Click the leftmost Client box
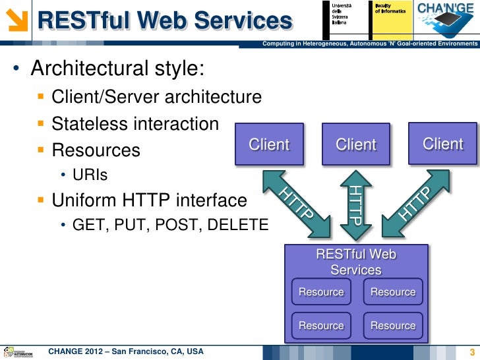tap(268, 144)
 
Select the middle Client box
tap(356, 144)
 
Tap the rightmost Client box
tap(442, 143)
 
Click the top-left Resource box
tap(321, 292)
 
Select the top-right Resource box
tap(393, 292)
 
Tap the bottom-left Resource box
tap(321, 326)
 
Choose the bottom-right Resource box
tap(393, 326)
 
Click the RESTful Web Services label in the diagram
tap(356, 262)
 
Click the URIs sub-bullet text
tap(90, 175)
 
